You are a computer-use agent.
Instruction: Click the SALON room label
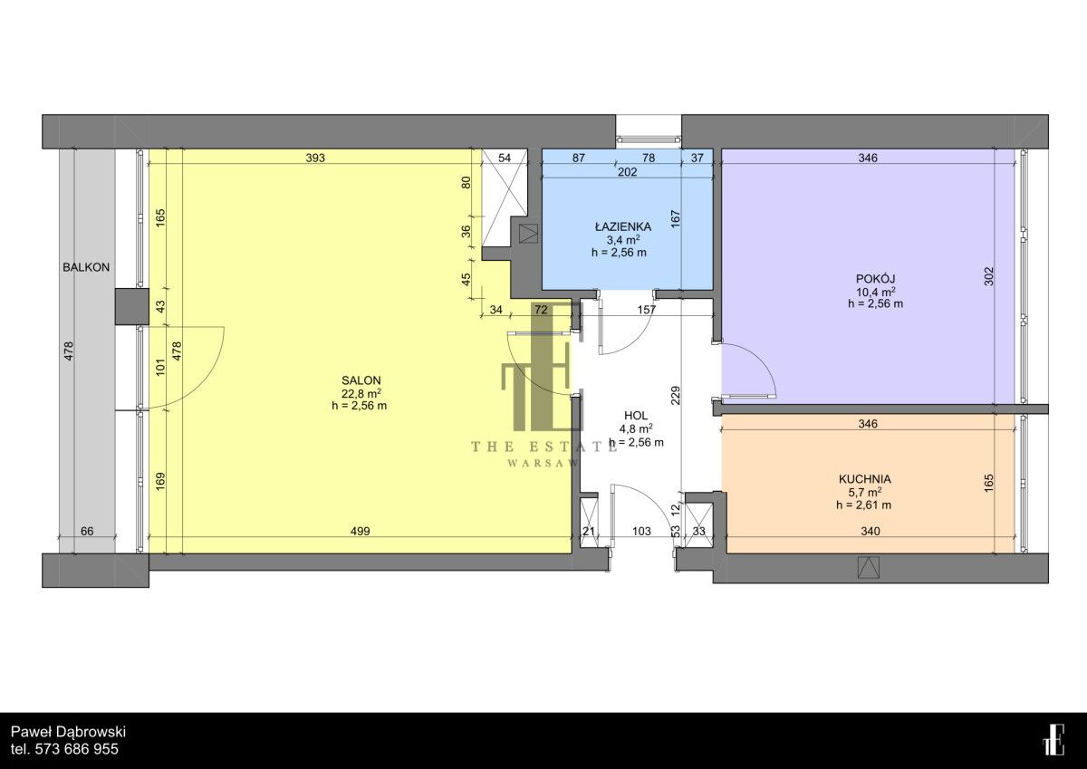point(361,380)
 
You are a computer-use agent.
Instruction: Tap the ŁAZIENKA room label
point(623,226)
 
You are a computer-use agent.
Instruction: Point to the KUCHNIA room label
point(865,479)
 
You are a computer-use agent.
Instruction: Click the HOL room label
point(636,416)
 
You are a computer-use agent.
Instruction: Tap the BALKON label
point(86,267)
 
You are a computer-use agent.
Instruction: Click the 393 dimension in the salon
point(315,158)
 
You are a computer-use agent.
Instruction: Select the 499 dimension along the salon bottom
point(361,532)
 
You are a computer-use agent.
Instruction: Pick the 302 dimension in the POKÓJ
point(989,276)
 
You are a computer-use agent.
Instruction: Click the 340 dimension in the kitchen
point(871,532)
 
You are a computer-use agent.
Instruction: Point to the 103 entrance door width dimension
point(641,532)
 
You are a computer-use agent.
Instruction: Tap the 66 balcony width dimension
point(87,532)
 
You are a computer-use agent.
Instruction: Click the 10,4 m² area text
point(875,292)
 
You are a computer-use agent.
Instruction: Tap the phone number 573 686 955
point(77,749)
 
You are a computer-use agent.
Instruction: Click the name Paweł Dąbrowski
point(69,732)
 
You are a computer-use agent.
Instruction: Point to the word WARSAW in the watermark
point(543,464)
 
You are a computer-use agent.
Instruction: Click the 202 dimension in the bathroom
point(628,172)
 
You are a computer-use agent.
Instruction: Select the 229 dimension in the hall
point(676,396)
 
